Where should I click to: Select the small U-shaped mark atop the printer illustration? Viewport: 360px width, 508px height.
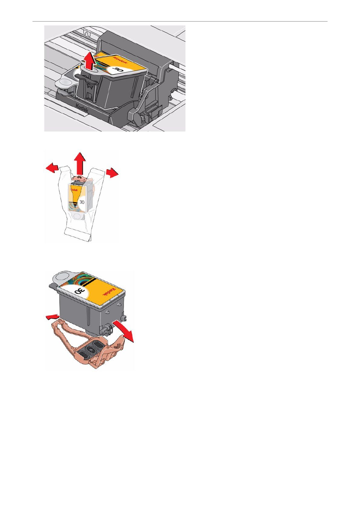(87, 33)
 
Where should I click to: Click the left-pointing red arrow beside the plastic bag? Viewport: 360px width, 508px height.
(53, 168)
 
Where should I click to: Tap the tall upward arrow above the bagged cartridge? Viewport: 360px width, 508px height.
(80, 163)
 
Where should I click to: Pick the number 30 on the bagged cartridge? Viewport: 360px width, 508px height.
(82, 201)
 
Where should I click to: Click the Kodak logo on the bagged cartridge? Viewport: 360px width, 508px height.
(74, 189)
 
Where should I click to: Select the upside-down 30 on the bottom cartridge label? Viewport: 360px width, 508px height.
(80, 291)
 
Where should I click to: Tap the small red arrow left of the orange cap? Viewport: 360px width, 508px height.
(53, 317)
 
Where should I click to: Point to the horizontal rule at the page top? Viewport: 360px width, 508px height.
(180, 22)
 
